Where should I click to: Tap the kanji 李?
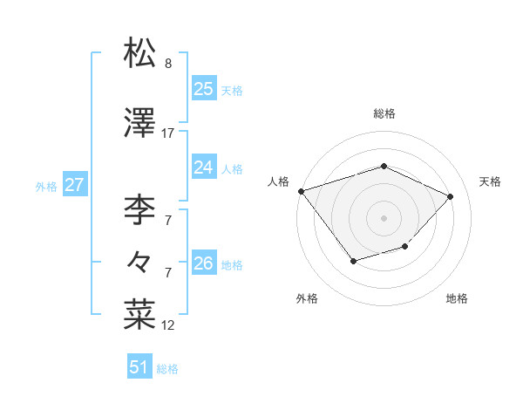click(139, 209)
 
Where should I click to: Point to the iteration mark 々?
click(139, 261)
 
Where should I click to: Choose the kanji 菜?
click(139, 315)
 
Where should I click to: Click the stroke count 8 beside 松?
click(168, 64)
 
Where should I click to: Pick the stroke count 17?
click(168, 133)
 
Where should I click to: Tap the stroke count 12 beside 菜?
click(168, 325)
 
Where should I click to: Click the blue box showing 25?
click(204, 89)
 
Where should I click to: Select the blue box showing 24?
click(204, 167)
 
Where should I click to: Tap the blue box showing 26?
click(204, 263)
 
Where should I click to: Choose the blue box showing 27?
click(75, 185)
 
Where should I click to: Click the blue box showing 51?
click(139, 367)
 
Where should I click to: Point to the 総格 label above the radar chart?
click(384, 113)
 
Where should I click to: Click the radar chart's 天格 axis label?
click(490, 181)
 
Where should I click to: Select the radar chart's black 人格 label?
click(279, 181)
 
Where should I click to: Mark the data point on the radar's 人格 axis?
click(301, 191)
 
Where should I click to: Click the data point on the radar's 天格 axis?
click(450, 196)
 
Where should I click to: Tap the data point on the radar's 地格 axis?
click(404, 247)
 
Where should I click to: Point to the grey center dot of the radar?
click(384, 217)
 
